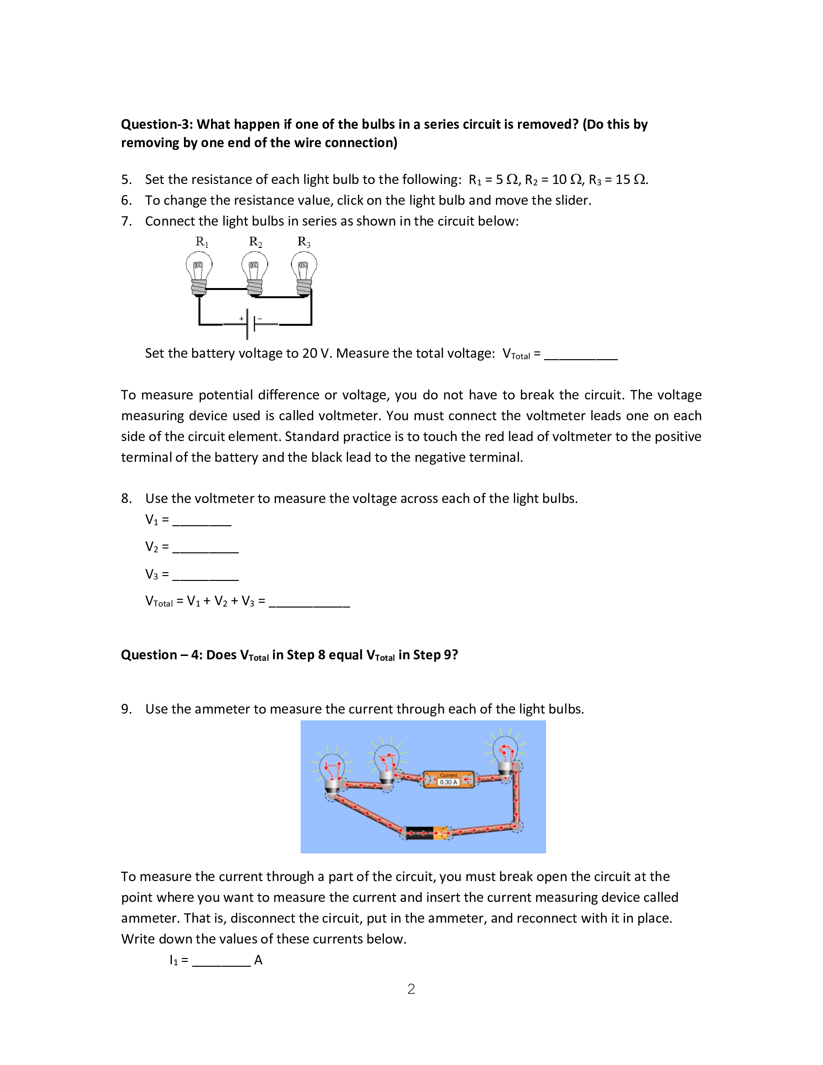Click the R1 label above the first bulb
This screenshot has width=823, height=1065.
click(x=201, y=242)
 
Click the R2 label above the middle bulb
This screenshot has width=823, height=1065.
click(x=255, y=242)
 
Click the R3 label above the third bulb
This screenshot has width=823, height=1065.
click(x=304, y=242)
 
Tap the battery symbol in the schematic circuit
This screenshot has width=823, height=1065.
click(x=251, y=323)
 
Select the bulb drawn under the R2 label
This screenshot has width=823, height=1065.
click(x=255, y=274)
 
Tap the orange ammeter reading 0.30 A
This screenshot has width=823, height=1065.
click(x=448, y=779)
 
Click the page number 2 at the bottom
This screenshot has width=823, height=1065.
click(x=411, y=989)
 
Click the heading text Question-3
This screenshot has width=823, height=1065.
click(x=157, y=124)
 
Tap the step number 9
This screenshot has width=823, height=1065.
click(x=126, y=709)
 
